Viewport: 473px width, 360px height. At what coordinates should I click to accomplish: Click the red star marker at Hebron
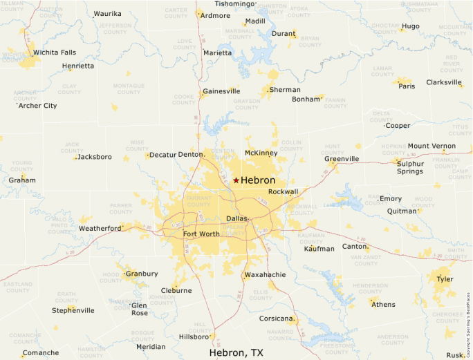click(x=236, y=180)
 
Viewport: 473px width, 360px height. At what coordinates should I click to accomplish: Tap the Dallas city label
click(x=236, y=218)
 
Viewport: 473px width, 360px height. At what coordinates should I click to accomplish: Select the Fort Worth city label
click(x=201, y=234)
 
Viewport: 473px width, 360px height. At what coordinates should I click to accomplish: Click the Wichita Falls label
click(x=55, y=52)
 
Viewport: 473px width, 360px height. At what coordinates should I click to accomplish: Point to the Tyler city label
click(x=445, y=279)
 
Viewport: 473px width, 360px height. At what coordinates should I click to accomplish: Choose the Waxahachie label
click(x=265, y=274)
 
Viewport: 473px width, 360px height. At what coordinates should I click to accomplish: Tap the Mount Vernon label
click(x=432, y=146)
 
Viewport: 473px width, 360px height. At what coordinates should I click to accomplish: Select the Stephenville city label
click(x=73, y=310)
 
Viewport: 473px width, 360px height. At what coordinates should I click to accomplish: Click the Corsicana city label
click(x=277, y=319)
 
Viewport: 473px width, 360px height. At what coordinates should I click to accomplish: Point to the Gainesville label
click(x=221, y=91)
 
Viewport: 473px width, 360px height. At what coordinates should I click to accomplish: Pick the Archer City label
click(x=38, y=106)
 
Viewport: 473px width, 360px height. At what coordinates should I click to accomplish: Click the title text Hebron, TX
click(x=236, y=352)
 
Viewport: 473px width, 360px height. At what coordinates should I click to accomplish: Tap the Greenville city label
click(x=342, y=158)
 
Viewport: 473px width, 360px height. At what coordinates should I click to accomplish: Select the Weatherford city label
click(x=100, y=228)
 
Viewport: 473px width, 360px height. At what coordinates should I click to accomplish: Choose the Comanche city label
click(x=41, y=352)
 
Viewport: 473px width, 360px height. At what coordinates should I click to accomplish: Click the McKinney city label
click(x=261, y=153)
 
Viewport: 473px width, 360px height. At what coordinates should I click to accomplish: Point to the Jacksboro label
click(x=95, y=157)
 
